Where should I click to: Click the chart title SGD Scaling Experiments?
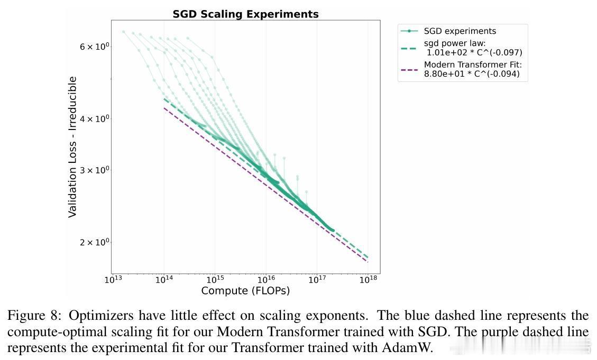tap(245, 14)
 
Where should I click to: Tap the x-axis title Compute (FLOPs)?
tap(245, 291)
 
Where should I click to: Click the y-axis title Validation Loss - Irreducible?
tap(73, 146)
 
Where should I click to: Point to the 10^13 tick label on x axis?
tap(112, 279)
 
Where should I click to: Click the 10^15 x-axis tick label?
tap(215, 279)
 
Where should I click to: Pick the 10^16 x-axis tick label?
tap(265, 279)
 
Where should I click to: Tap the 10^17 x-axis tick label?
tap(317, 279)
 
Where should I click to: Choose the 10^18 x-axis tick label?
tap(368, 279)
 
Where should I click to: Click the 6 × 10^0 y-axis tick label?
tap(94, 47)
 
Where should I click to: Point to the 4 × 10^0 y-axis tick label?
tap(94, 118)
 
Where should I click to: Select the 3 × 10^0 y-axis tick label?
tap(94, 170)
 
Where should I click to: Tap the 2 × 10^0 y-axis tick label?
tap(94, 242)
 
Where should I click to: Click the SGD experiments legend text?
tap(460, 31)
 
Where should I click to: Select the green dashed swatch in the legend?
tap(409, 48)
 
